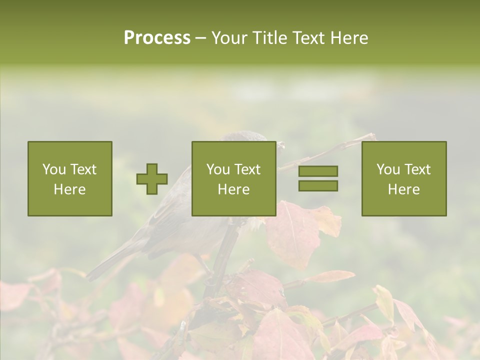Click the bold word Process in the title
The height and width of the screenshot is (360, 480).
[x=157, y=38]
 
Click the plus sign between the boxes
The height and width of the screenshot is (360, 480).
[x=152, y=179]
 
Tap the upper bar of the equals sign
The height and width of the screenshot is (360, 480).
[x=318, y=171]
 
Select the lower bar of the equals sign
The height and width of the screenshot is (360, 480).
[x=318, y=186]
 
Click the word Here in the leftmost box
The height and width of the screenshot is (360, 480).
[x=69, y=189]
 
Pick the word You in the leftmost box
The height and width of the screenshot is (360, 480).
[x=54, y=169]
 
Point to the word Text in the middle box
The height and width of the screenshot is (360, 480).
[x=248, y=169]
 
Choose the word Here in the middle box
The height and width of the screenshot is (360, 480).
[x=234, y=189]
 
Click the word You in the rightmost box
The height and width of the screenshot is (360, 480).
[x=388, y=169]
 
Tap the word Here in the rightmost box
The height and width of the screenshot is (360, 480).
[x=404, y=189]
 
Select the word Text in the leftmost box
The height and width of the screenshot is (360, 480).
[x=83, y=169]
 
